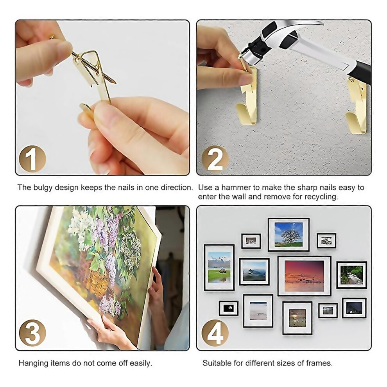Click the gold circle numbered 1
pyautogui.click(x=32, y=159)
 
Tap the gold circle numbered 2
pyautogui.click(x=215, y=159)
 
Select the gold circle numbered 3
pyautogui.click(x=32, y=333)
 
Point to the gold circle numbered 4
pyautogui.click(x=215, y=333)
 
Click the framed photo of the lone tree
pyautogui.click(x=288, y=235)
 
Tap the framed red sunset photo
pyautogui.click(x=304, y=276)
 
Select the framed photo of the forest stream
pyautogui.click(x=352, y=275)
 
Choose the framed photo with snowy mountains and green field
pyautogui.click(x=219, y=267)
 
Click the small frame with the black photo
pyautogui.click(x=229, y=308)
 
